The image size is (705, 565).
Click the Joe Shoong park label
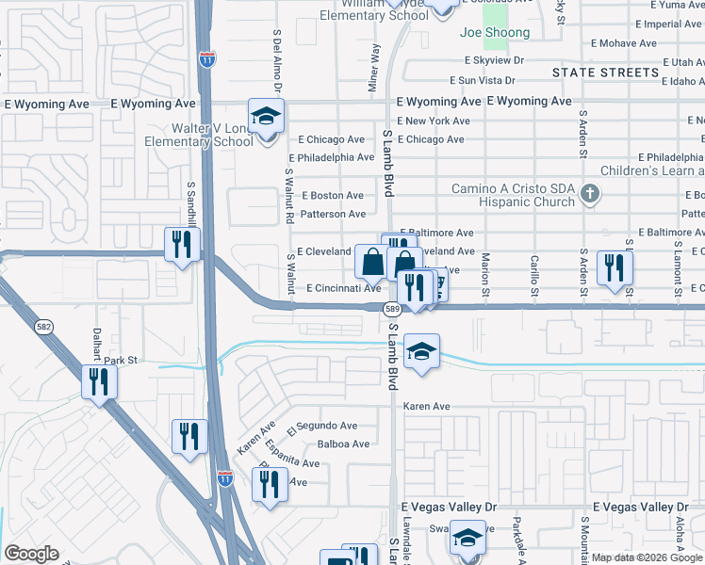click(x=494, y=33)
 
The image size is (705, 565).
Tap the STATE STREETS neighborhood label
click(x=605, y=73)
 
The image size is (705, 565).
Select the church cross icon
click(x=590, y=195)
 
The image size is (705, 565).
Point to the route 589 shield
click(x=393, y=309)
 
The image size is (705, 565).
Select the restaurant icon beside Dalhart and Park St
click(x=99, y=382)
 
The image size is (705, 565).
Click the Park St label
click(x=121, y=361)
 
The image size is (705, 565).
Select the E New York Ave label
click(x=434, y=121)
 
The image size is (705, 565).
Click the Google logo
click(x=32, y=554)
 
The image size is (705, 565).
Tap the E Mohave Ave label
click(x=630, y=43)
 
